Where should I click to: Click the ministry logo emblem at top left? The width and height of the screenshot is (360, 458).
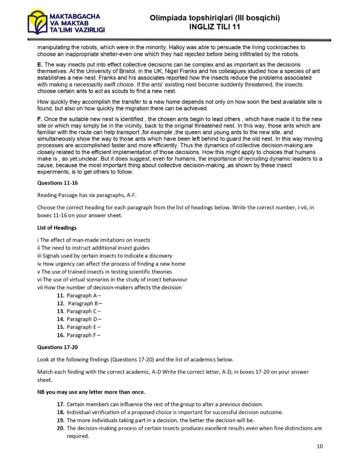point(38,22)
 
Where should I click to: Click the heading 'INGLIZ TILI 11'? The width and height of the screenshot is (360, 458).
point(214,27)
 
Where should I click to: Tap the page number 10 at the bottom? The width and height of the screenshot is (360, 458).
point(320,446)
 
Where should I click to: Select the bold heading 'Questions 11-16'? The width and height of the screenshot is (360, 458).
point(57,183)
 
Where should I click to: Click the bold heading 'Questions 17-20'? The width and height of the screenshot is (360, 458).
point(57,347)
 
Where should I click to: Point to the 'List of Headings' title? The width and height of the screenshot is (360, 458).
point(57,228)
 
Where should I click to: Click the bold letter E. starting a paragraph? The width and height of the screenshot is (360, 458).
point(40,65)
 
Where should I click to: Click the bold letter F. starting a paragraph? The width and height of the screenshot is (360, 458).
point(40,119)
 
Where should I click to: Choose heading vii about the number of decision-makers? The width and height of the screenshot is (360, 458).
point(109,287)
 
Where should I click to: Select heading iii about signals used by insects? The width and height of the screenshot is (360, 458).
point(105,256)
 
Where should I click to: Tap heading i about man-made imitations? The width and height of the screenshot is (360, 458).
point(94,240)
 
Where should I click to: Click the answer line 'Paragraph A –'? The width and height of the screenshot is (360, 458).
point(84,296)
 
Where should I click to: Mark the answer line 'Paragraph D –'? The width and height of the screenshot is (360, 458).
point(84,319)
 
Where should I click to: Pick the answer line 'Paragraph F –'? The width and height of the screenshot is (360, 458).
point(83,335)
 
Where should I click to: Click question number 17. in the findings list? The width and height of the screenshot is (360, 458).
point(60,404)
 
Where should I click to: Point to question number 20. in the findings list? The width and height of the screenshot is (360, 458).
point(60,428)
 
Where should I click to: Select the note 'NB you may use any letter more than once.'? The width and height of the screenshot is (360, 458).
point(91,392)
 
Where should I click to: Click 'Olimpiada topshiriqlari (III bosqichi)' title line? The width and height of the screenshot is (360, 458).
point(214,18)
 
